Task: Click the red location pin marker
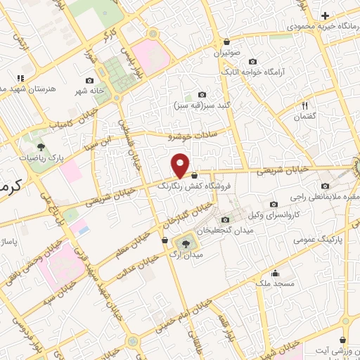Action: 181,165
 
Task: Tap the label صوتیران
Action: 227,52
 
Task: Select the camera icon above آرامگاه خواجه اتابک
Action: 253,60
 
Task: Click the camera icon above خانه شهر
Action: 89,81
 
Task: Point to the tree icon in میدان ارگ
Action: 186,243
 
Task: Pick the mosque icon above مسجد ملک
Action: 276,273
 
